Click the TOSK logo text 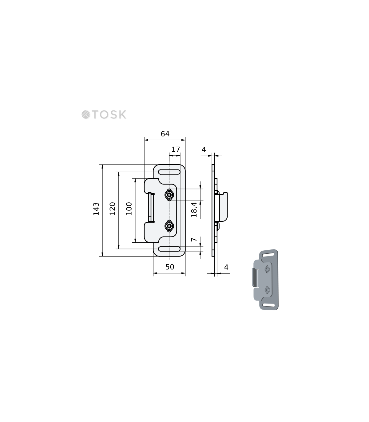coord(109,115)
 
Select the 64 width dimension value coord(165,134)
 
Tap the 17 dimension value coord(176,149)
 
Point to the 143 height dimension coord(96,209)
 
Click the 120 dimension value coord(112,209)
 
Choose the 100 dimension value coord(129,209)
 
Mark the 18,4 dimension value coord(194,209)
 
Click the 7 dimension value coord(194,240)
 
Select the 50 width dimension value coord(170,267)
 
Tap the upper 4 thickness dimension coord(204,149)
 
